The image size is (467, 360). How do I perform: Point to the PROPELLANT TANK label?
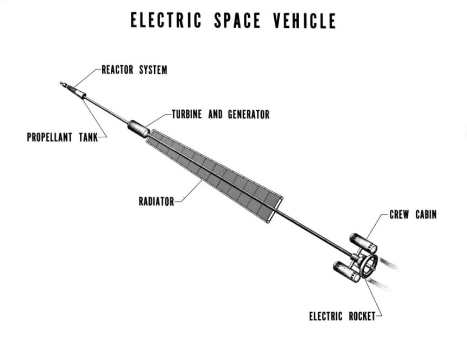[62, 137]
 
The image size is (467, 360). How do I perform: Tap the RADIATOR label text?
[156, 202]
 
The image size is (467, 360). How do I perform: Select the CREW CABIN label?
[413, 214]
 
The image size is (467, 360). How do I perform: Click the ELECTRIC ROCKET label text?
[342, 316]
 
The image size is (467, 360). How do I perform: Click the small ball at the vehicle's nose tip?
[62, 84]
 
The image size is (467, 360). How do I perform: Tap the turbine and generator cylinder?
[138, 129]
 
